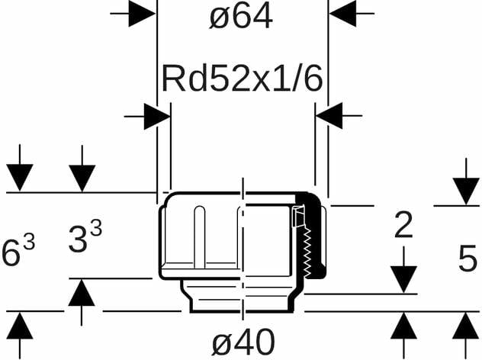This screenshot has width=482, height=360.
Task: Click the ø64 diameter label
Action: click(x=241, y=17)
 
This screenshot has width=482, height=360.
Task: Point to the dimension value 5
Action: click(x=467, y=259)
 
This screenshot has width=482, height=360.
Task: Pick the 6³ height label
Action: click(x=18, y=252)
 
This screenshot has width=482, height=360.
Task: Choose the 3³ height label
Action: click(x=85, y=238)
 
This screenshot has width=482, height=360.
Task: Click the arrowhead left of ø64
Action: click(x=142, y=13)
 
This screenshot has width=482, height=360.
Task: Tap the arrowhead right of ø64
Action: click(x=343, y=13)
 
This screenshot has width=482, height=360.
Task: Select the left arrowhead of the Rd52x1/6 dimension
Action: click(x=156, y=117)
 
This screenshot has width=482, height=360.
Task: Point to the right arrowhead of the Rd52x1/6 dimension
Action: click(x=329, y=117)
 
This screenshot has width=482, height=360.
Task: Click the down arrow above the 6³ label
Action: click(x=21, y=178)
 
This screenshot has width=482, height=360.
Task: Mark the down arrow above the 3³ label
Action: click(x=82, y=178)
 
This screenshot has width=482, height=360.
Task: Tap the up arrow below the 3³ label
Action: click(x=82, y=293)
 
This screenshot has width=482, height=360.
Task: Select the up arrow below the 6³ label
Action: click(x=21, y=326)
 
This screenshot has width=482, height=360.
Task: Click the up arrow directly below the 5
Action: click(x=466, y=326)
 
